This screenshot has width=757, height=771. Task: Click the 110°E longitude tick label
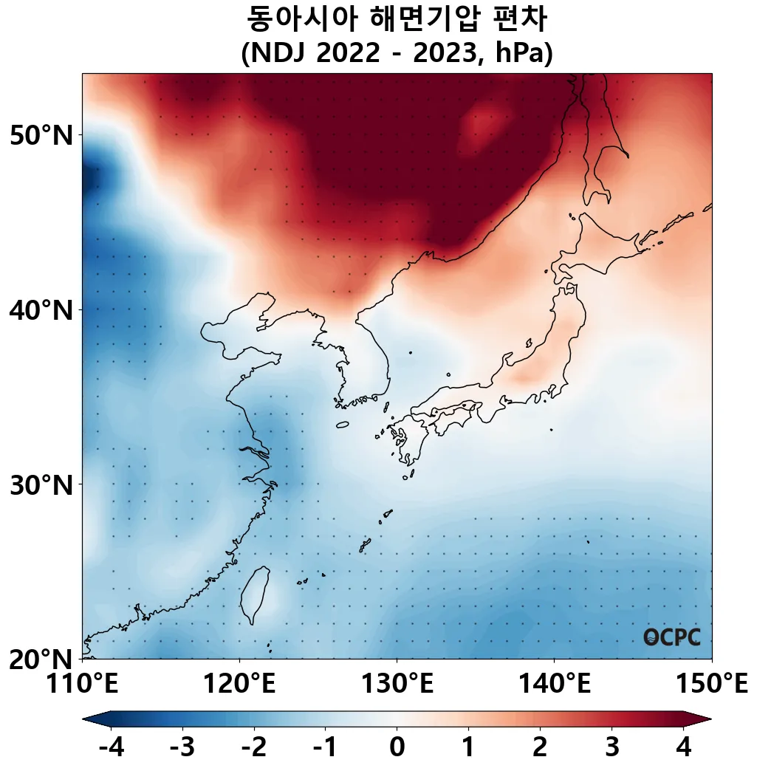pyautogui.click(x=82, y=683)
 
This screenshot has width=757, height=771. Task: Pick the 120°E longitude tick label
pyautogui.click(x=239, y=683)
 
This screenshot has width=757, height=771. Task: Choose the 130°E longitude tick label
pyautogui.click(x=397, y=683)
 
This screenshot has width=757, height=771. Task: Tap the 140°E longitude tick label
pyautogui.click(x=554, y=683)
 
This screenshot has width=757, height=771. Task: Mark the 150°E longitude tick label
pyautogui.click(x=711, y=683)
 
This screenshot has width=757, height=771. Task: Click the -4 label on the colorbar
pyautogui.click(x=111, y=748)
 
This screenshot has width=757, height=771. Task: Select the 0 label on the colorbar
pyautogui.click(x=397, y=748)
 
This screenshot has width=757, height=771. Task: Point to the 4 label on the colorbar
pyautogui.click(x=683, y=748)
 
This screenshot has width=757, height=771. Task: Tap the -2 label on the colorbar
pyautogui.click(x=253, y=748)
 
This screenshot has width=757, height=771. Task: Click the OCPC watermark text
pyautogui.click(x=671, y=637)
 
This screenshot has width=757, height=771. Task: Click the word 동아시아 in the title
pyautogui.click(x=294, y=20)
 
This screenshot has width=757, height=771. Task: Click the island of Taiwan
pyautogui.click(x=254, y=594)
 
